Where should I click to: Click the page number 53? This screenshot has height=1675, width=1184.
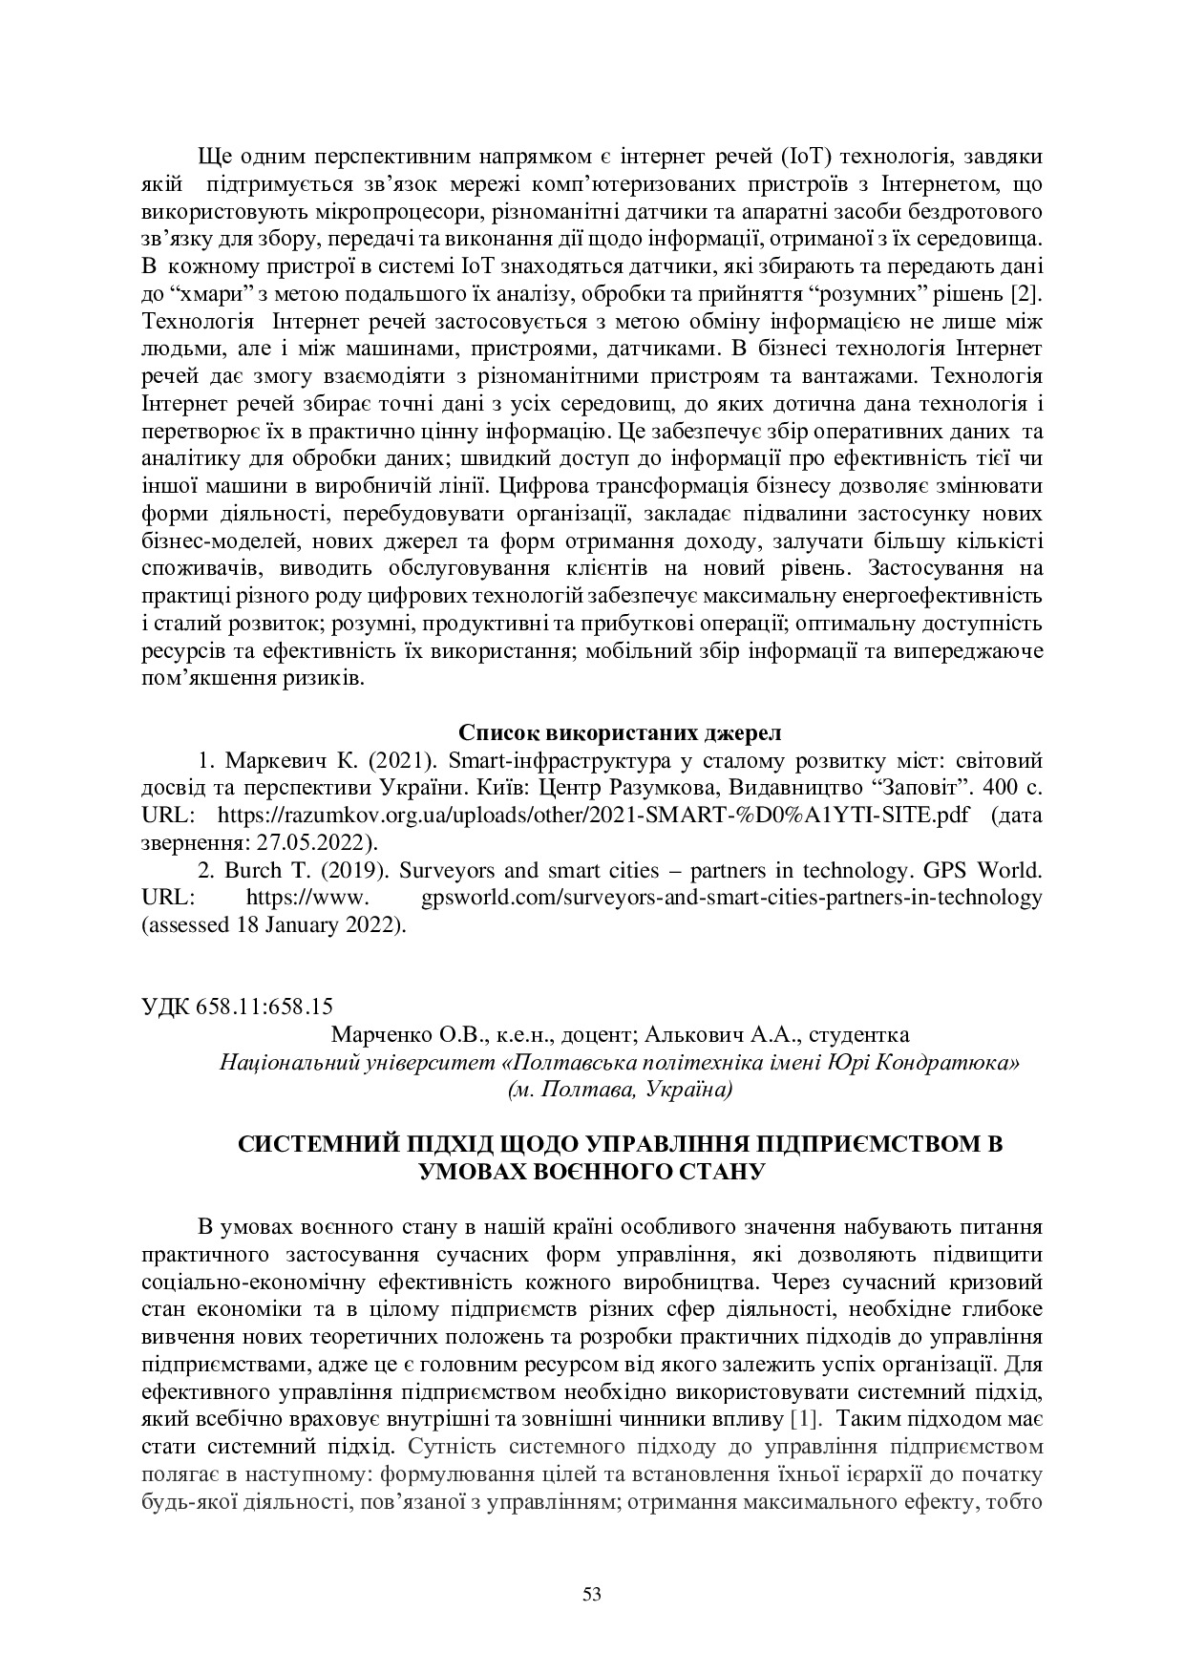pos(592,1593)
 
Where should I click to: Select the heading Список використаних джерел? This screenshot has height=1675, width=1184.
pos(620,732)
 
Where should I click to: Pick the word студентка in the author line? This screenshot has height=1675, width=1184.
pos(856,1035)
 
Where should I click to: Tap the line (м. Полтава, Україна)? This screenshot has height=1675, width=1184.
pos(620,1089)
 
